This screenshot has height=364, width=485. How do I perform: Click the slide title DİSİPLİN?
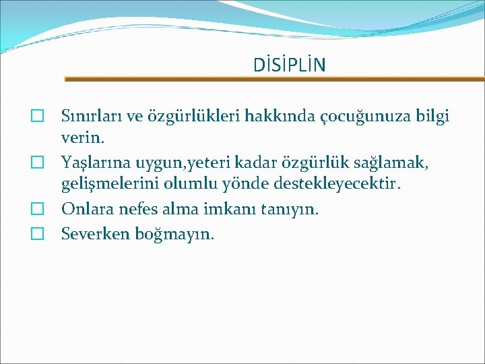tap(289, 65)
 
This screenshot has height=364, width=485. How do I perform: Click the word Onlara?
tap(86, 208)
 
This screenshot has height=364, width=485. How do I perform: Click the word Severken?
tap(92, 233)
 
